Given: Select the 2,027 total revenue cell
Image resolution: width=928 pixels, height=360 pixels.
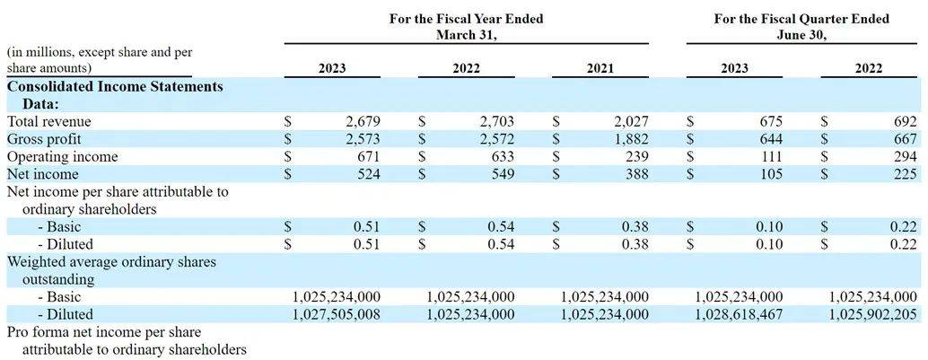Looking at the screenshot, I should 630,121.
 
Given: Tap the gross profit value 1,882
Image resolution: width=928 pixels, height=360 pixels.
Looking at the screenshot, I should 630,139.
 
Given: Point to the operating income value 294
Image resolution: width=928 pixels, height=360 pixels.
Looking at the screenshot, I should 905,157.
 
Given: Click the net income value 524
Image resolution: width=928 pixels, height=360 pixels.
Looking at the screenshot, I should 367,174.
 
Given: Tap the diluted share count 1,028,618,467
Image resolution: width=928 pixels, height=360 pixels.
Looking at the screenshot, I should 740,314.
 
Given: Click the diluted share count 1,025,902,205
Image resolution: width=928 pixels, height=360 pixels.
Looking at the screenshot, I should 873,314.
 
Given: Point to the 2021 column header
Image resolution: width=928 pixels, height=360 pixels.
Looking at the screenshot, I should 600,68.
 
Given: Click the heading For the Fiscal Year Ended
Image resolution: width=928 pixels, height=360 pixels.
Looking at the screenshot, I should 466,19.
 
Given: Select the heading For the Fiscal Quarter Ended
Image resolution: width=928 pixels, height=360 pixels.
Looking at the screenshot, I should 801,19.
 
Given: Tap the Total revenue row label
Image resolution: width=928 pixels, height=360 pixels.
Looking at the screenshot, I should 49,121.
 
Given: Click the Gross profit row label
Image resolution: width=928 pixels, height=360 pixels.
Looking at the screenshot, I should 44,139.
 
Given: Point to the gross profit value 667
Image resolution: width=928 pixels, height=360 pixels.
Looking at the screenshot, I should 905,139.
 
